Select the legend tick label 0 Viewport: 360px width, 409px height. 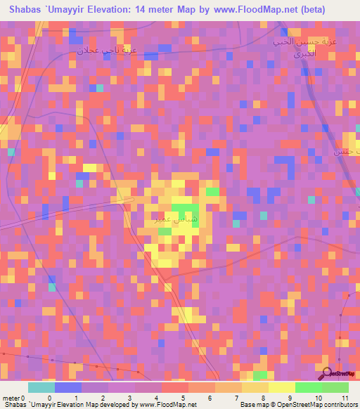click(x=49, y=397)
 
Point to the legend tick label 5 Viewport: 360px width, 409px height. click(x=182, y=397)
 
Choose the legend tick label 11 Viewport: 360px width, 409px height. click(x=345, y=397)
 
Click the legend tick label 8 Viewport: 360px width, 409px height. click(x=262, y=397)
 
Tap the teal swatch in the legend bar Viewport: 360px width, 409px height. click(x=41, y=387)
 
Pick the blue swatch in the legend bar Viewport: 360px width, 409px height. click(x=68, y=387)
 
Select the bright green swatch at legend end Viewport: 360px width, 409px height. click(x=335, y=387)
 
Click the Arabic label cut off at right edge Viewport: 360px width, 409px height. click(x=348, y=150)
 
